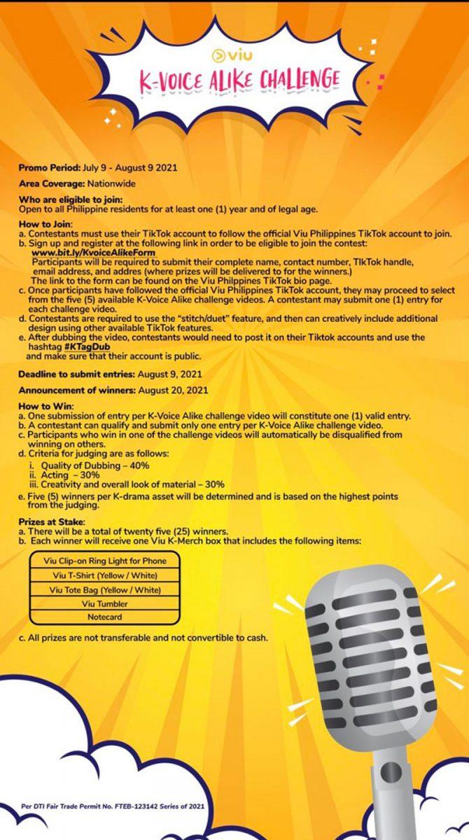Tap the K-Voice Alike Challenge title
[234, 78]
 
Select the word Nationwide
[111, 183]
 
